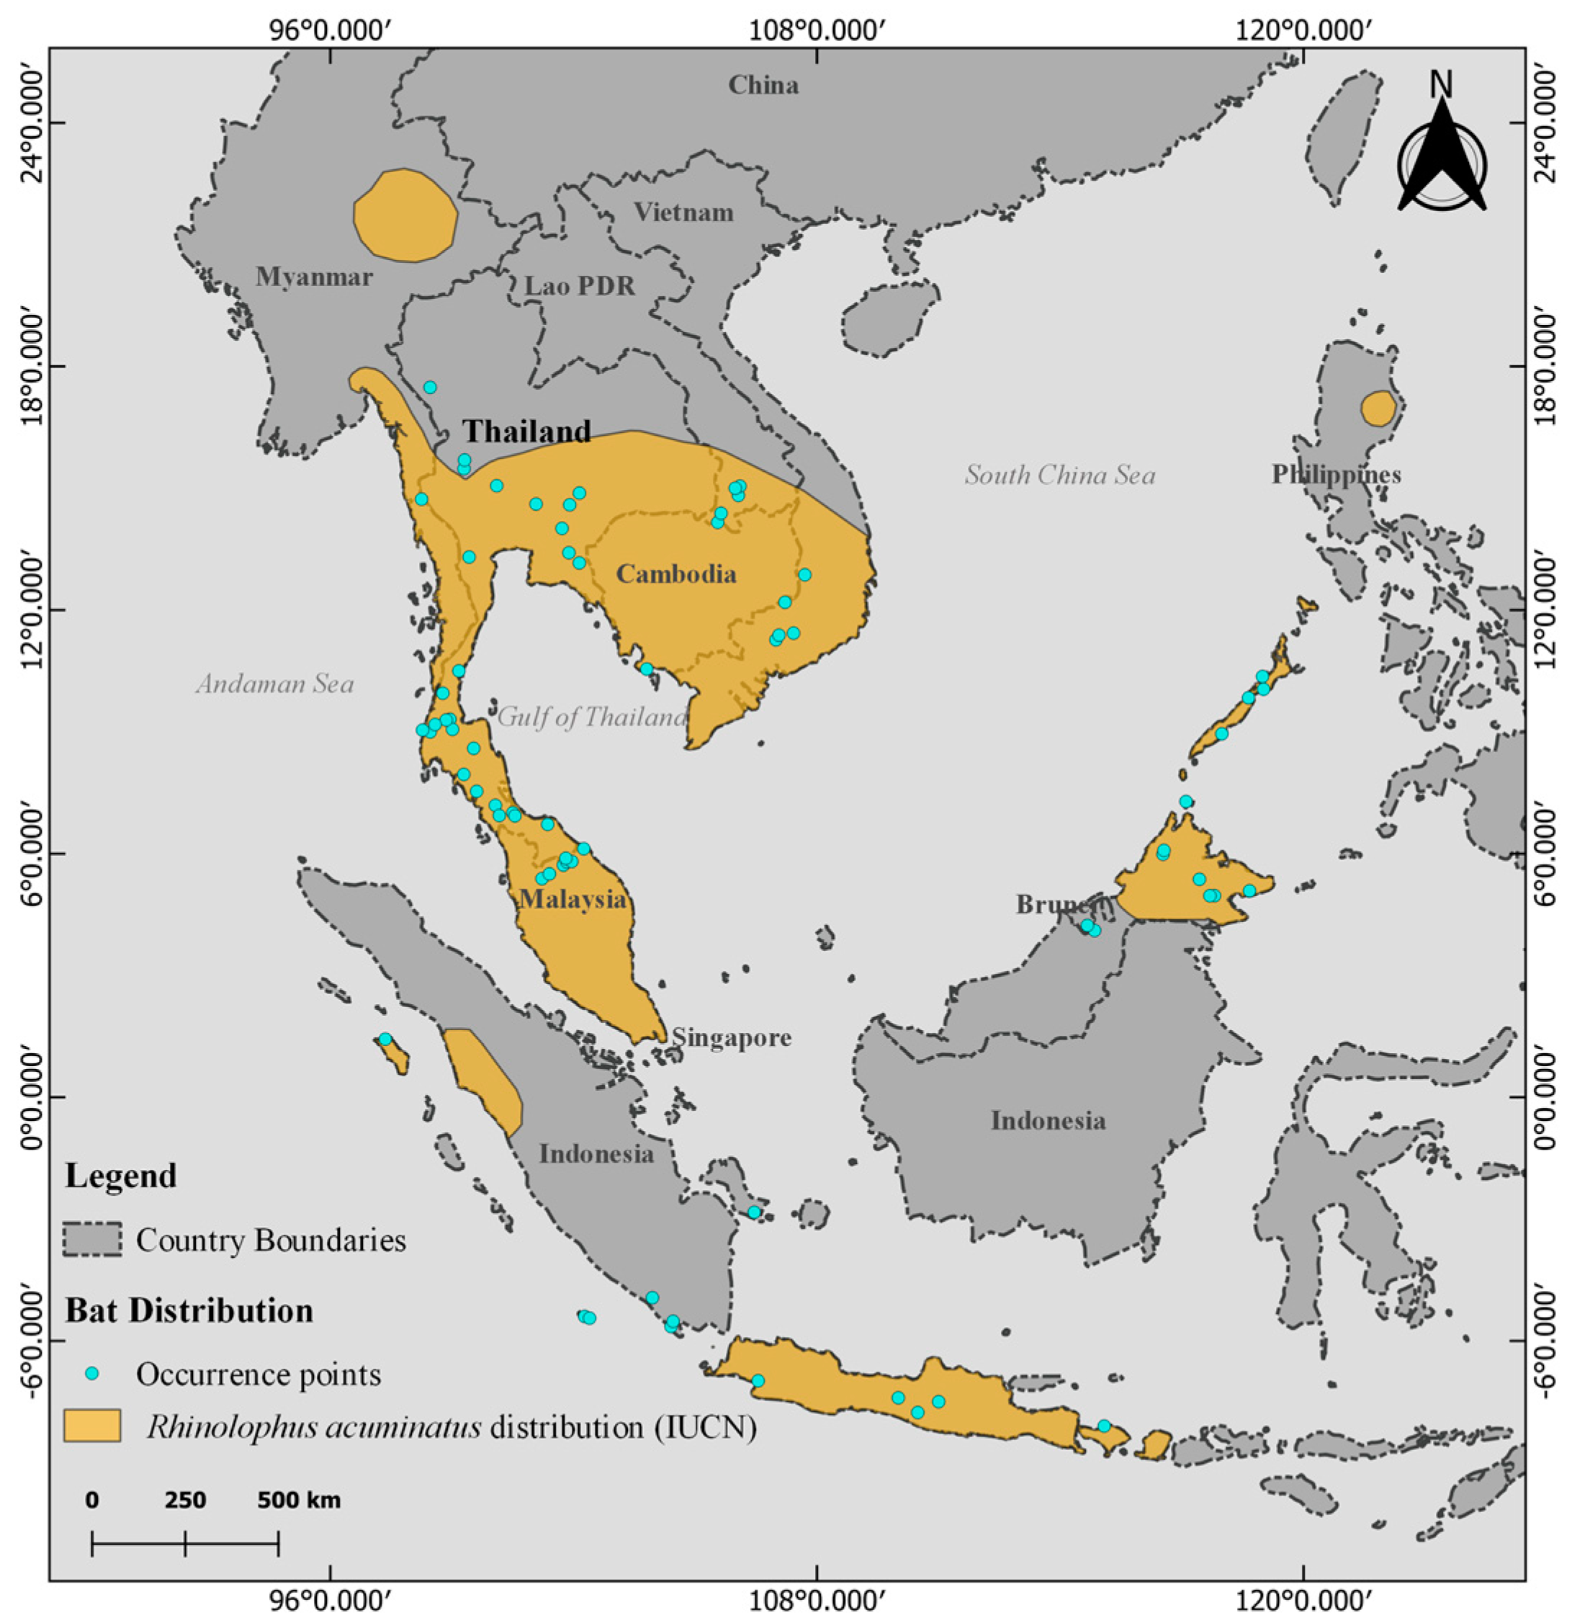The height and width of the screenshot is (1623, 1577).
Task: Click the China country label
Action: click(763, 84)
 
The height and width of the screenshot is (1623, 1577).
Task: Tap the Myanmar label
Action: click(314, 276)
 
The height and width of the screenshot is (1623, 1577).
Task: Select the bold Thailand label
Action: click(527, 431)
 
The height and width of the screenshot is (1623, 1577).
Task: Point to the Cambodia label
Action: click(676, 573)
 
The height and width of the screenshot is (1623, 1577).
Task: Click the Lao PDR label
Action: click(580, 286)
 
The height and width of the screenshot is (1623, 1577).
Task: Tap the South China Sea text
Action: click(1059, 475)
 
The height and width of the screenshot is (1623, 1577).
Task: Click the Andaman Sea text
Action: click(275, 684)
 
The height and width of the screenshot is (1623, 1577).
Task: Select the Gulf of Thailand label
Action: click(591, 716)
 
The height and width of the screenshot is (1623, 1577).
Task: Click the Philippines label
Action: click(1336, 474)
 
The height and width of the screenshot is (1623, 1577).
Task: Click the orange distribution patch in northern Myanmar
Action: click(405, 216)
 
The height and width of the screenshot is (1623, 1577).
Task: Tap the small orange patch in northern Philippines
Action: click(1378, 408)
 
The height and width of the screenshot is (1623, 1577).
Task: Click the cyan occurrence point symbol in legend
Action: click(93, 1374)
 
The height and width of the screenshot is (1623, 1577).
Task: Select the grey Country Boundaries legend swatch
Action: click(93, 1240)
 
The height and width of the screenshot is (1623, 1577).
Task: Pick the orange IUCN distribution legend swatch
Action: click(93, 1426)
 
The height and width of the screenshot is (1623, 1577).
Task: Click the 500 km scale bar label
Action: click(298, 1501)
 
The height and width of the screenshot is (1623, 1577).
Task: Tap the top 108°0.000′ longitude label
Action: click(817, 32)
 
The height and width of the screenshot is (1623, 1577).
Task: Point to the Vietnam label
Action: click(684, 213)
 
